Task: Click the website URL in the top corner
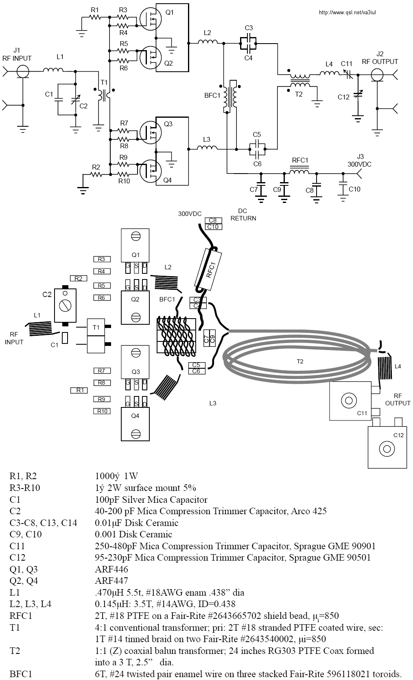tap(347, 13)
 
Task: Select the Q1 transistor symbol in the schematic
tap(151, 19)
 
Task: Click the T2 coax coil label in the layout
tap(300, 361)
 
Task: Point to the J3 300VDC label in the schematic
tap(359, 161)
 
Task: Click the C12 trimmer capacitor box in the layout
tap(387, 447)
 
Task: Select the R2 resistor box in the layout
tap(79, 278)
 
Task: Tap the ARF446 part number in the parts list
tap(111, 569)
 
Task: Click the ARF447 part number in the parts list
tap(111, 581)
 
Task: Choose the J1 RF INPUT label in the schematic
tap(17, 54)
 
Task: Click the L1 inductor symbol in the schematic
tap(53, 70)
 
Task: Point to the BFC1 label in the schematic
tap(212, 95)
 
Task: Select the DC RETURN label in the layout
tap(243, 215)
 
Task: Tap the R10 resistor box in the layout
tap(102, 411)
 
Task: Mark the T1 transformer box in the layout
tap(96, 336)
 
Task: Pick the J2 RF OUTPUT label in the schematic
tap(380, 58)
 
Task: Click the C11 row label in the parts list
tap(17, 546)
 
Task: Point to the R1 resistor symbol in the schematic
tap(95, 18)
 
